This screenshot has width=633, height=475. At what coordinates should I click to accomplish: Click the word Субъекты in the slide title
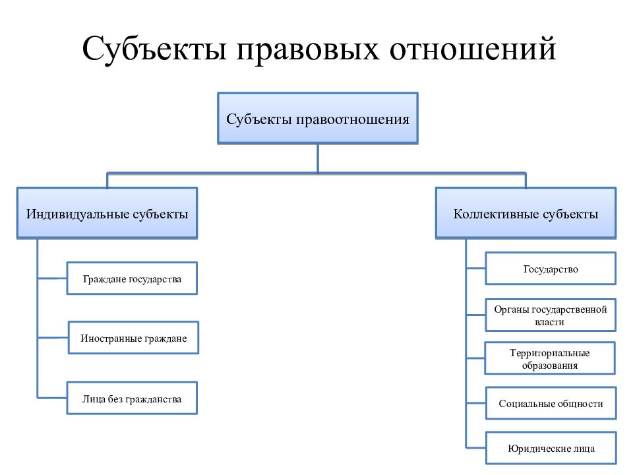pyautogui.click(x=154, y=49)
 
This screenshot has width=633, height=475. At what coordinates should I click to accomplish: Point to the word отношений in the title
pyautogui.click(x=473, y=48)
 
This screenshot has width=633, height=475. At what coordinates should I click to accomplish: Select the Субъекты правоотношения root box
pyautogui.click(x=318, y=118)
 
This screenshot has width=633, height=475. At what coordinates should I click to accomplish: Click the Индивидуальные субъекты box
pyautogui.click(x=107, y=213)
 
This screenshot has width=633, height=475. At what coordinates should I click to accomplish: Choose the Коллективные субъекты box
pyautogui.click(x=526, y=213)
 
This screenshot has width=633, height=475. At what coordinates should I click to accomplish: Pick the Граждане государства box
pyautogui.click(x=132, y=278)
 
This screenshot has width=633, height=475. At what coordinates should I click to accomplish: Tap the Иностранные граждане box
pyautogui.click(x=133, y=338)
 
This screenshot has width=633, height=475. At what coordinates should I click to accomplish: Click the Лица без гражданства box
pyautogui.click(x=132, y=398)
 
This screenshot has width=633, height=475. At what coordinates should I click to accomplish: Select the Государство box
pyautogui.click(x=551, y=269)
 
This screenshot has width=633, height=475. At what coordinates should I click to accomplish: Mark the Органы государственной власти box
pyautogui.click(x=551, y=315)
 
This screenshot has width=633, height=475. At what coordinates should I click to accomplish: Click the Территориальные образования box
pyautogui.click(x=550, y=358)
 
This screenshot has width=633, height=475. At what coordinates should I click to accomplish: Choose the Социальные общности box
pyautogui.click(x=551, y=403)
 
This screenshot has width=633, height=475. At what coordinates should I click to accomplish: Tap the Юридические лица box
pyautogui.click(x=551, y=448)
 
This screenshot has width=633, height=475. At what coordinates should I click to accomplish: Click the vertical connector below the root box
pyautogui.click(x=318, y=159)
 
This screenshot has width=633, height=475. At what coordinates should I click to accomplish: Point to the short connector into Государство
pyautogui.click(x=475, y=269)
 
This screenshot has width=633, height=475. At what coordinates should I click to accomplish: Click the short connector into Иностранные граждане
pyautogui.click(x=53, y=338)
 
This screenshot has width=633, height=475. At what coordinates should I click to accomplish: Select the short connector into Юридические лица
pyautogui.click(x=476, y=448)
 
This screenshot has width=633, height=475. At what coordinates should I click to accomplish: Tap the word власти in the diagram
pyautogui.click(x=549, y=323)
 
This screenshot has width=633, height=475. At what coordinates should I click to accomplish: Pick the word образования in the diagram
pyautogui.click(x=550, y=365)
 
